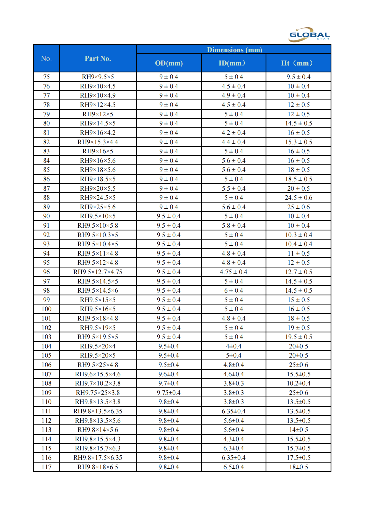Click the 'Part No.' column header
pyautogui.click(x=98, y=59)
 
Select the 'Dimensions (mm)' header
pyautogui.click(x=234, y=50)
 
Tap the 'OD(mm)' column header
pyautogui.click(x=169, y=63)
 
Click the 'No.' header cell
pyautogui.click(x=46, y=59)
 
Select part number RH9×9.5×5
pyautogui.click(x=98, y=77)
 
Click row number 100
pyautogui.click(x=46, y=309)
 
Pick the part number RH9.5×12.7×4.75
pyautogui.click(x=98, y=272)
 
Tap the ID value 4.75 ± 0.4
pyautogui.click(x=233, y=272)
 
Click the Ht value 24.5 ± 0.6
pyautogui.click(x=298, y=198)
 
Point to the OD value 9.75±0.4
pyautogui.click(x=169, y=393)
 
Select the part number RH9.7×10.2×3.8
pyautogui.click(x=98, y=383)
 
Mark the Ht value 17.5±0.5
pyautogui.click(x=298, y=458)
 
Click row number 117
pyautogui.click(x=46, y=467)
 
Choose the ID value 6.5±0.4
pyautogui.click(x=233, y=467)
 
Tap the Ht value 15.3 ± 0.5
pyautogui.click(x=298, y=142)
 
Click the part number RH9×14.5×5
pyautogui.click(x=98, y=123)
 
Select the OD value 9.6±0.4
pyautogui.click(x=169, y=374)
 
